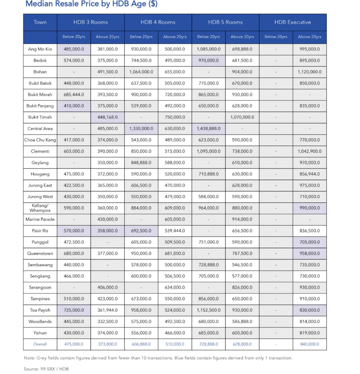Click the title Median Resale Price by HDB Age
click(91, 4)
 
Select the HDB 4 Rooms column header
click(158, 22)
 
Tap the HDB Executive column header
click(292, 22)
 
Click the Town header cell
click(40, 22)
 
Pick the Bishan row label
click(40, 72)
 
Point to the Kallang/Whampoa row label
click(40, 208)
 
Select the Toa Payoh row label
click(40, 310)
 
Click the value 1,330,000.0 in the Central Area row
click(141, 129)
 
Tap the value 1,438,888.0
click(208, 129)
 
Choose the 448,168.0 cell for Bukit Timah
click(107, 117)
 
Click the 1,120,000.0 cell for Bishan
click(309, 72)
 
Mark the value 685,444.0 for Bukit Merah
click(74, 95)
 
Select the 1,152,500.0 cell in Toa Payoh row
click(208, 310)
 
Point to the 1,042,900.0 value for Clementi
click(309, 152)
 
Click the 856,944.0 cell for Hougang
click(309, 174)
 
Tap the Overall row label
click(40, 344)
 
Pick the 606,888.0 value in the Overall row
click(141, 344)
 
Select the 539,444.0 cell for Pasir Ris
click(175, 231)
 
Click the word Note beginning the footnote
click(29, 358)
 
